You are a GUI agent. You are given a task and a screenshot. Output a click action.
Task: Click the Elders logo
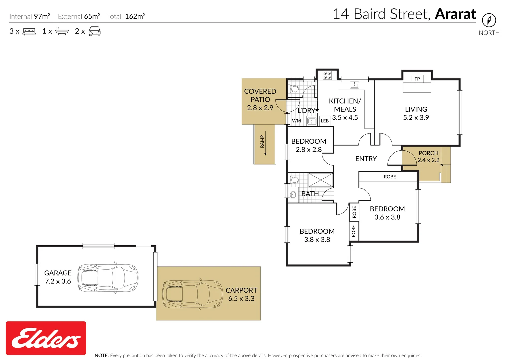click(x=46, y=338)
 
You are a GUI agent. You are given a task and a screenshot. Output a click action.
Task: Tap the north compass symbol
click(x=489, y=20)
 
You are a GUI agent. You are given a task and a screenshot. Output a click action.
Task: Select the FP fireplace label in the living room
click(x=417, y=79)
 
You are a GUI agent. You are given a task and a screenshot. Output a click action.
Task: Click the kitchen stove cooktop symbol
click(x=327, y=75)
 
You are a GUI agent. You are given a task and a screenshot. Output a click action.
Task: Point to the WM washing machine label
click(x=296, y=121)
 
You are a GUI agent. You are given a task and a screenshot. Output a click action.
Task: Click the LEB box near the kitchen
click(x=325, y=121)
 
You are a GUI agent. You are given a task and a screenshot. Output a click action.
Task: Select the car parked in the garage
click(x=108, y=278)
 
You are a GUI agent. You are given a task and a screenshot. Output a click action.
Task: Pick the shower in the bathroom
click(x=321, y=180)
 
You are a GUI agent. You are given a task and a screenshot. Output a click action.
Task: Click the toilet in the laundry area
click(x=294, y=89)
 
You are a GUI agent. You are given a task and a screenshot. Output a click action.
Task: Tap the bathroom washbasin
click(x=293, y=194)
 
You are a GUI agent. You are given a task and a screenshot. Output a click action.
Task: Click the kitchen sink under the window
click(x=354, y=85)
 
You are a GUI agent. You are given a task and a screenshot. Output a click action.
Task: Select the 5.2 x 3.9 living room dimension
click(x=416, y=117)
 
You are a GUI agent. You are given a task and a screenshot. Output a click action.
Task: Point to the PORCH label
click(x=428, y=153)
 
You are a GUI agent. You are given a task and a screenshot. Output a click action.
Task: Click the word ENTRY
click(x=366, y=159)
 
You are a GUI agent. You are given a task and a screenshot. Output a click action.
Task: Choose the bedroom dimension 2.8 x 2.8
click(x=309, y=150)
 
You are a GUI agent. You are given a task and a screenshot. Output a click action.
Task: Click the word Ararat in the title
click(x=455, y=14)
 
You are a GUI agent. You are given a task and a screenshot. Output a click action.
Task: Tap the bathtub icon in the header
click(x=62, y=31)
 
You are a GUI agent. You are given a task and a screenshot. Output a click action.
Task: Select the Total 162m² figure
click(x=126, y=16)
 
